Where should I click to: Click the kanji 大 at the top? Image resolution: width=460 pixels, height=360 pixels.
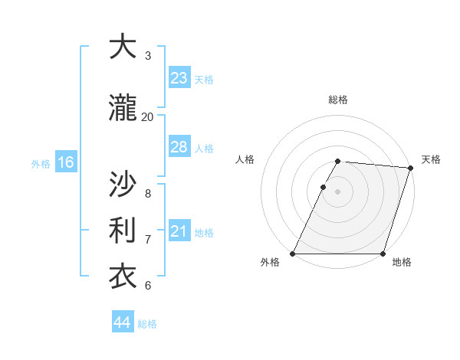pyautogui.click(x=122, y=47)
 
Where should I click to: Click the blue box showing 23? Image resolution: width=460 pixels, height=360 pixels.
pyautogui.click(x=179, y=78)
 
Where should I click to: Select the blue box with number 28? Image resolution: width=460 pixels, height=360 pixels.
pyautogui.click(x=179, y=147)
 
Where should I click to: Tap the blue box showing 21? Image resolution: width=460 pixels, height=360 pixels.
pyautogui.click(x=179, y=231)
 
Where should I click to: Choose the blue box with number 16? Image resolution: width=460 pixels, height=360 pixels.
pyautogui.click(x=66, y=162)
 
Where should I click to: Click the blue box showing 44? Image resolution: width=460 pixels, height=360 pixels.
pyautogui.click(x=123, y=322)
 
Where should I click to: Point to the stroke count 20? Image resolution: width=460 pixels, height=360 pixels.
pyautogui.click(x=147, y=116)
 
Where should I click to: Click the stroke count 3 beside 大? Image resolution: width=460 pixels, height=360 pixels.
pyautogui.click(x=147, y=56)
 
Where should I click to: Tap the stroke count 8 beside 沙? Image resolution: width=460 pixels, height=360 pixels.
pyautogui.click(x=147, y=193)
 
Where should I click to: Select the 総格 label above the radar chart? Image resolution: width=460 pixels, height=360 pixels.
pyautogui.click(x=338, y=100)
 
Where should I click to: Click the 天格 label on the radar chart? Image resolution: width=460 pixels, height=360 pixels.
pyautogui.click(x=431, y=159)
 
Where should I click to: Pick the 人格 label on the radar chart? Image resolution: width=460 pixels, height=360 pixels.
pyautogui.click(x=245, y=159)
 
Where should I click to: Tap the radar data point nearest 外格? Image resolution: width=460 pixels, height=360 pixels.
pyautogui.click(x=292, y=254)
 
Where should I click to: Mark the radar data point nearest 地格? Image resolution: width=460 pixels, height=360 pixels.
pyautogui.click(x=383, y=254)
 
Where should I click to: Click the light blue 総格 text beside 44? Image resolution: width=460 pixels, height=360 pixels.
pyautogui.click(x=147, y=324)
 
